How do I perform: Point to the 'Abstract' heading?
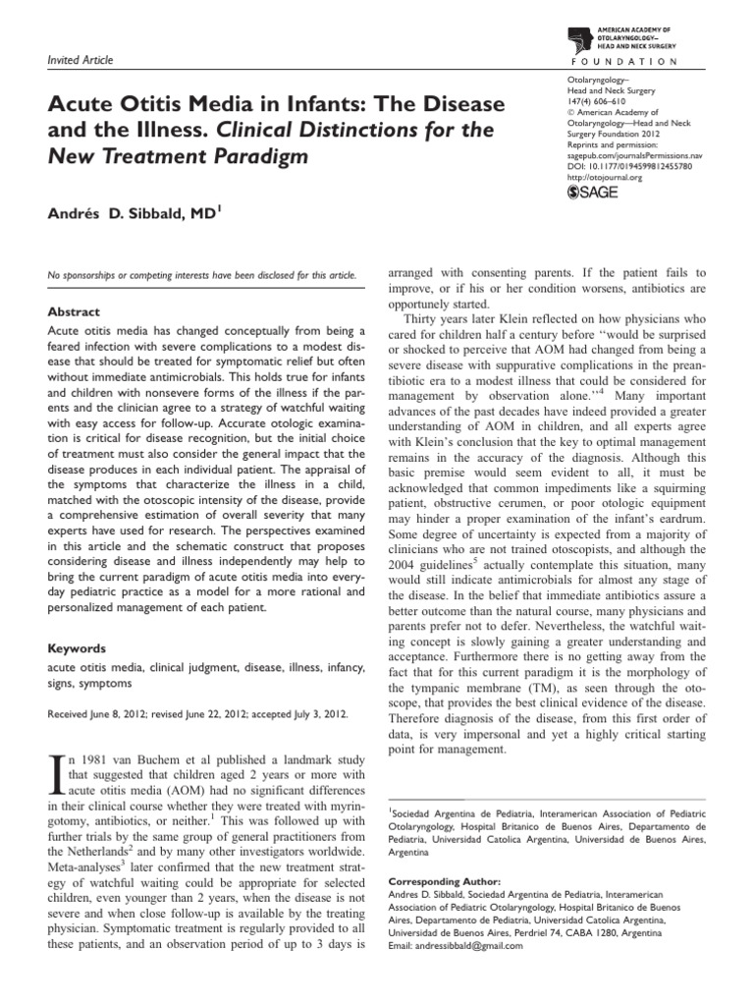[75, 311]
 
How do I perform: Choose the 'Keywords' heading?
[78, 649]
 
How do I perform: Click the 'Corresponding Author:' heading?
[445, 882]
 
